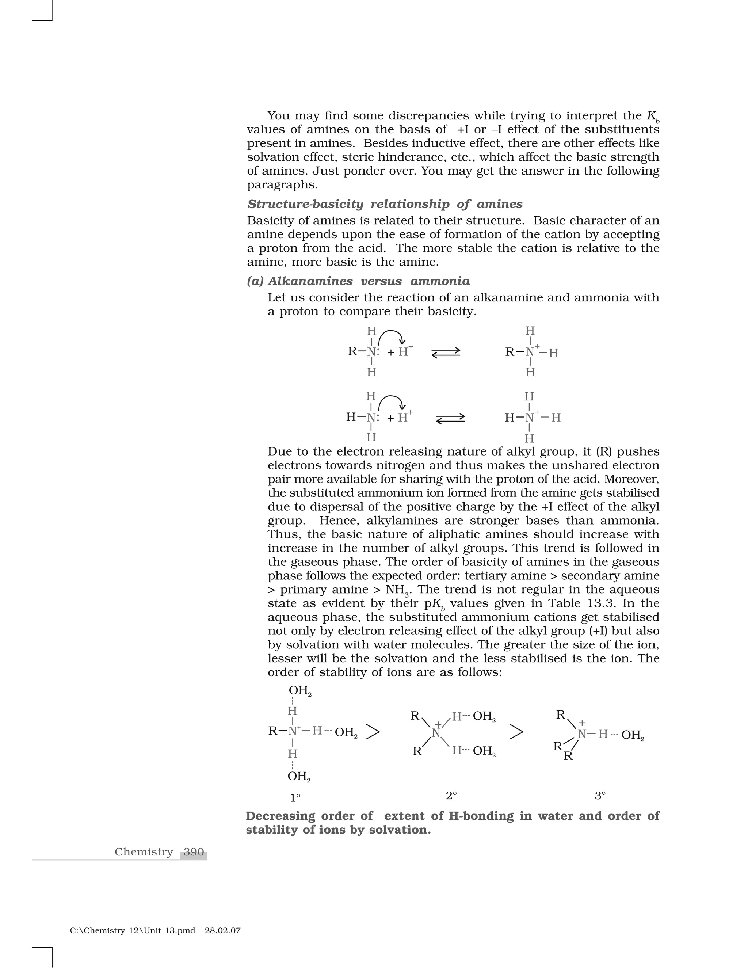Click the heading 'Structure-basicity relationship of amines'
coord(385,204)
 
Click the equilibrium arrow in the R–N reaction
coord(446,353)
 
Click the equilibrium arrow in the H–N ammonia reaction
coord(450,418)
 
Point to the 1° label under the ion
coord(295,810)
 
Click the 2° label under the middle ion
coord(451,808)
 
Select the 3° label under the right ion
coord(600,808)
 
